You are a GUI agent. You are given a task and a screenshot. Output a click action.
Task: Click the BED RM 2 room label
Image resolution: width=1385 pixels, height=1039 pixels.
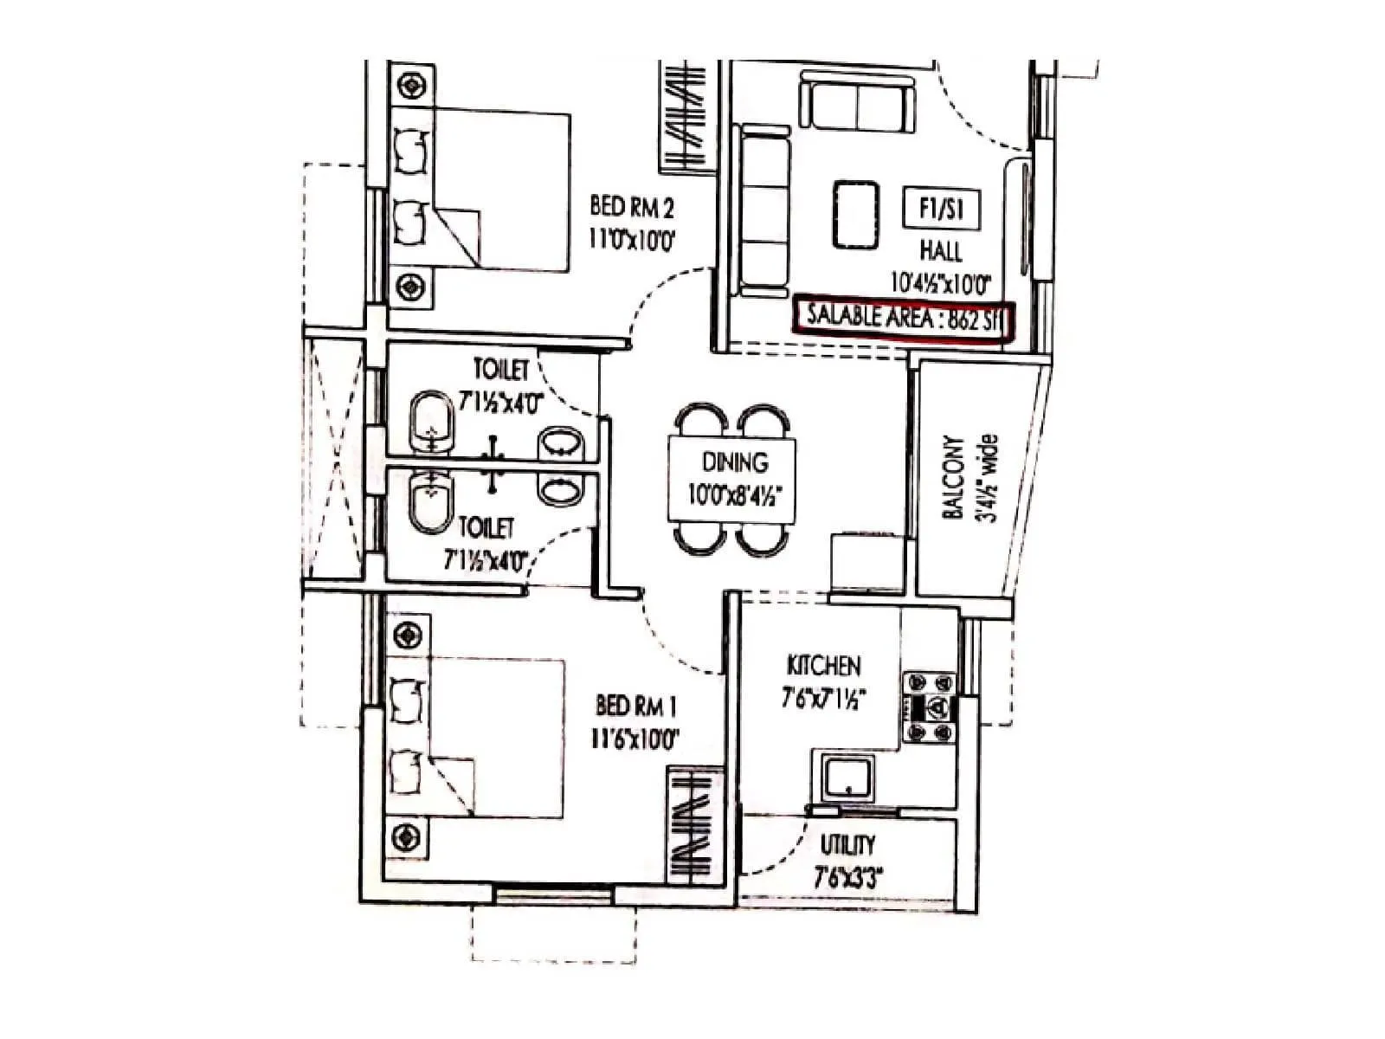coord(631,208)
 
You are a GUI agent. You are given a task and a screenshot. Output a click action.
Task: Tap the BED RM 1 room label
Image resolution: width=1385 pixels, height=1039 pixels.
coord(635,707)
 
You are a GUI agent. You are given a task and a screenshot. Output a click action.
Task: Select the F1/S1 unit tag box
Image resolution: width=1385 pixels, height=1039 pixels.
coord(941,209)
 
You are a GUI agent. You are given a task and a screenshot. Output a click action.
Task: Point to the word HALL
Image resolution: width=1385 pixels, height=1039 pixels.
coord(941,251)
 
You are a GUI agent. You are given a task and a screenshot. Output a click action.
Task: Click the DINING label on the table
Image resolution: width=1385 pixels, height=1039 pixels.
coord(734,462)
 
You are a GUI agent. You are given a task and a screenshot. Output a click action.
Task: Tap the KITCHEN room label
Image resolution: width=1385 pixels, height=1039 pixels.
coord(823,666)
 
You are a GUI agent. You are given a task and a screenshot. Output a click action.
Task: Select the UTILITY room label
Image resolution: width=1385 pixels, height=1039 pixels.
coord(847,844)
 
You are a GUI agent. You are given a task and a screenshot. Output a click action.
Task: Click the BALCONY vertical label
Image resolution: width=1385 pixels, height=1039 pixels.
coord(952,477)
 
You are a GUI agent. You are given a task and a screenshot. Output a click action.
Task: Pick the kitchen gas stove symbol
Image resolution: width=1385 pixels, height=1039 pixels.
coord(931,707)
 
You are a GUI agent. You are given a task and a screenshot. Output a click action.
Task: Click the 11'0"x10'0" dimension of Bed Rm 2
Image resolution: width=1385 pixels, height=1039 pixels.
coord(631,238)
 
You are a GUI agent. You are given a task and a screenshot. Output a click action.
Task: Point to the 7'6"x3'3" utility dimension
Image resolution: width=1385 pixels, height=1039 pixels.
coord(847,878)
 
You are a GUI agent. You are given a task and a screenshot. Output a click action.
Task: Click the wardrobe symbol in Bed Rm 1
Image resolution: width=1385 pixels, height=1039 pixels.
coord(693,824)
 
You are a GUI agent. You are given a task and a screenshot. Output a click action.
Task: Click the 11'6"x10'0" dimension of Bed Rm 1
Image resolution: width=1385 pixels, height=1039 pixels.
coord(635,739)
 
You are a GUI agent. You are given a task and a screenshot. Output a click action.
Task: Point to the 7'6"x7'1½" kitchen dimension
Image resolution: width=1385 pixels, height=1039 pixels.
coord(823,697)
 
